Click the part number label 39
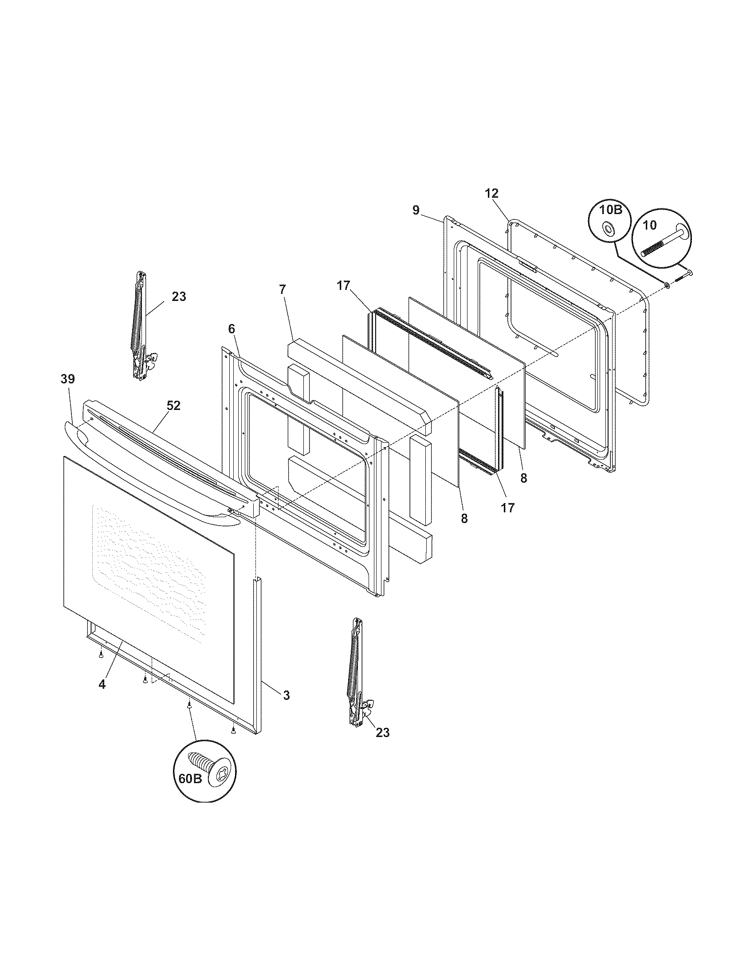(68, 379)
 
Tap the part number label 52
(173, 406)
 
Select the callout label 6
(231, 329)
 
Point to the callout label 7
(282, 289)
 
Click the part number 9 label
(416, 210)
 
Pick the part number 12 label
(491, 193)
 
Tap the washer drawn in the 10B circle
(608, 229)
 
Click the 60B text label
(190, 779)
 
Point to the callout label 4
(102, 684)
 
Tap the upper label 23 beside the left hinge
(179, 296)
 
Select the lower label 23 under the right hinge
(383, 733)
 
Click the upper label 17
(343, 286)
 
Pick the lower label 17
(508, 507)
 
